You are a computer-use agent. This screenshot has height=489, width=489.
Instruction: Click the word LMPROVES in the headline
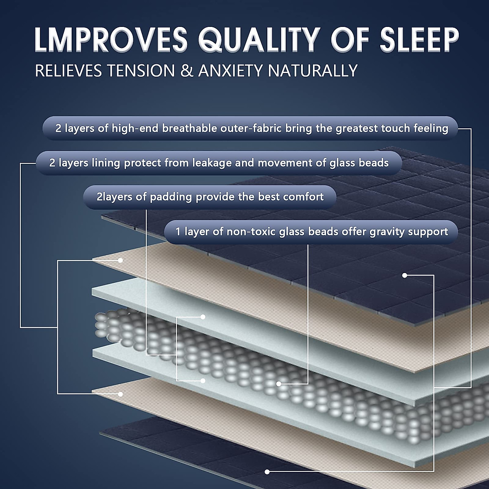click(111, 40)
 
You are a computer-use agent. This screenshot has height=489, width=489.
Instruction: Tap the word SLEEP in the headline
click(419, 40)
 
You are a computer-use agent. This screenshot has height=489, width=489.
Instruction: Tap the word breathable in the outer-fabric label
click(189, 128)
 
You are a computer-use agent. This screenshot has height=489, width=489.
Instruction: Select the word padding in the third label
click(171, 197)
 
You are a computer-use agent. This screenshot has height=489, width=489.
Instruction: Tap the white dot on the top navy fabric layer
click(405, 275)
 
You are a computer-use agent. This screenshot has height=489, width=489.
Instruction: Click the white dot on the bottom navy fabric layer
click(267, 472)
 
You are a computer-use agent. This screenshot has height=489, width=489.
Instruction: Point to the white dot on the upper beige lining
click(121, 260)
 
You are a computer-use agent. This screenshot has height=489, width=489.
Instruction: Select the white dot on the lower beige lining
click(121, 394)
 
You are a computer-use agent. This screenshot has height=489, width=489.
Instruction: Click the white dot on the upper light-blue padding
click(203, 317)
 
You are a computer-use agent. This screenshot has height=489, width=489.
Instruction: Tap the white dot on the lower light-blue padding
click(203, 381)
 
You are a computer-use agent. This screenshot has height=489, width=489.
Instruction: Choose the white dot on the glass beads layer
click(279, 384)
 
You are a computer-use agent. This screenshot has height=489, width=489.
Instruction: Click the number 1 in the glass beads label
click(178, 231)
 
